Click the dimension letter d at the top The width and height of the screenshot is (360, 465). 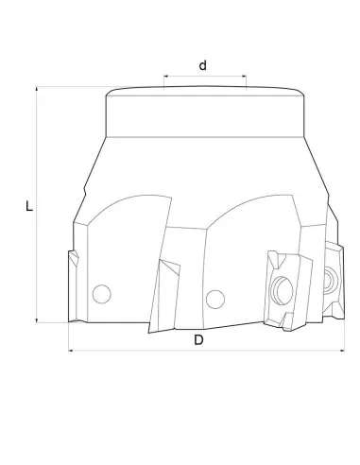(202, 65)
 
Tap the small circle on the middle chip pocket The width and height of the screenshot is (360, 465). (214, 298)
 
